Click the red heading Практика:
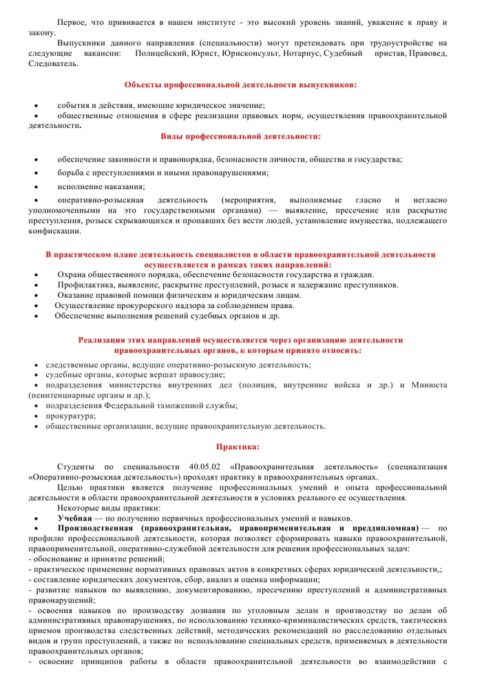(x=238, y=446)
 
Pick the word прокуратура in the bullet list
(x=70, y=416)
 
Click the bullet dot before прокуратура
(x=36, y=416)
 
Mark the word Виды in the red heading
(x=172, y=136)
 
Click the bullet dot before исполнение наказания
(x=36, y=187)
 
